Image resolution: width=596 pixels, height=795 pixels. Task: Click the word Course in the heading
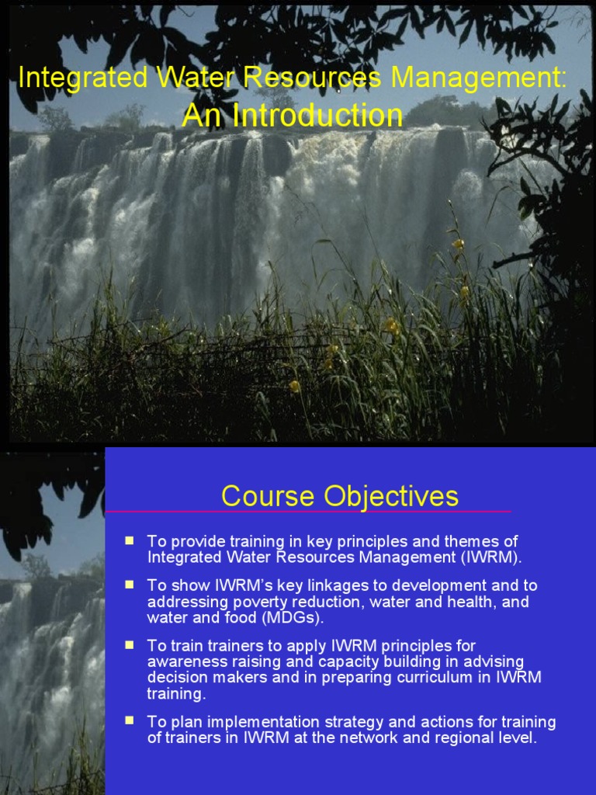(268, 496)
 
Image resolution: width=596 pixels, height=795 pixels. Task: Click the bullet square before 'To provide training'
(130, 540)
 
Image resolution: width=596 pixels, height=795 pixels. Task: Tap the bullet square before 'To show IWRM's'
(130, 584)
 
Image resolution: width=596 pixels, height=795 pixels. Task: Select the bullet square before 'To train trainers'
(130, 644)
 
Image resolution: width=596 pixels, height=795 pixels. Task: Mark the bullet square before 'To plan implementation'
(130, 720)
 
